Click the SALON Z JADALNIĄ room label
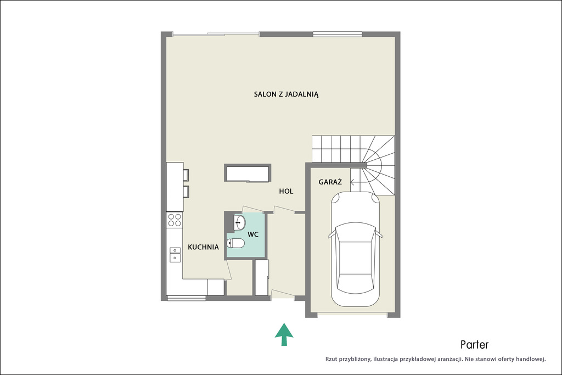(x=286, y=94)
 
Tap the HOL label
(x=286, y=192)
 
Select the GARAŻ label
(x=330, y=182)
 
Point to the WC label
(x=253, y=234)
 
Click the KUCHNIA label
(x=203, y=247)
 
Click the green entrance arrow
(x=284, y=334)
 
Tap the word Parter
(x=475, y=345)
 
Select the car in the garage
(x=355, y=249)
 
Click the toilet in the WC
(x=235, y=243)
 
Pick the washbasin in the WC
(x=239, y=222)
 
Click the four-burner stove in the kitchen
(x=175, y=220)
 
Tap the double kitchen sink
(x=175, y=254)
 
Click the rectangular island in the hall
(x=248, y=173)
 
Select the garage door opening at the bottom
(x=352, y=315)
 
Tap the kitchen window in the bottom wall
(x=187, y=298)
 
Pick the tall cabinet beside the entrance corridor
(x=262, y=277)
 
